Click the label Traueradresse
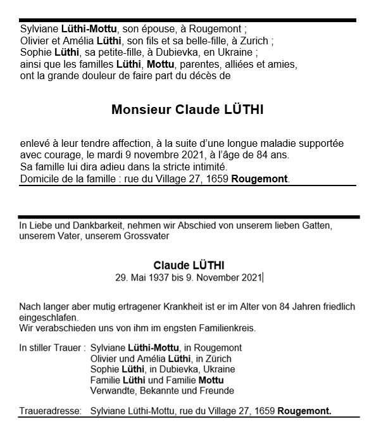(51, 412)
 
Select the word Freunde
(216, 391)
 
